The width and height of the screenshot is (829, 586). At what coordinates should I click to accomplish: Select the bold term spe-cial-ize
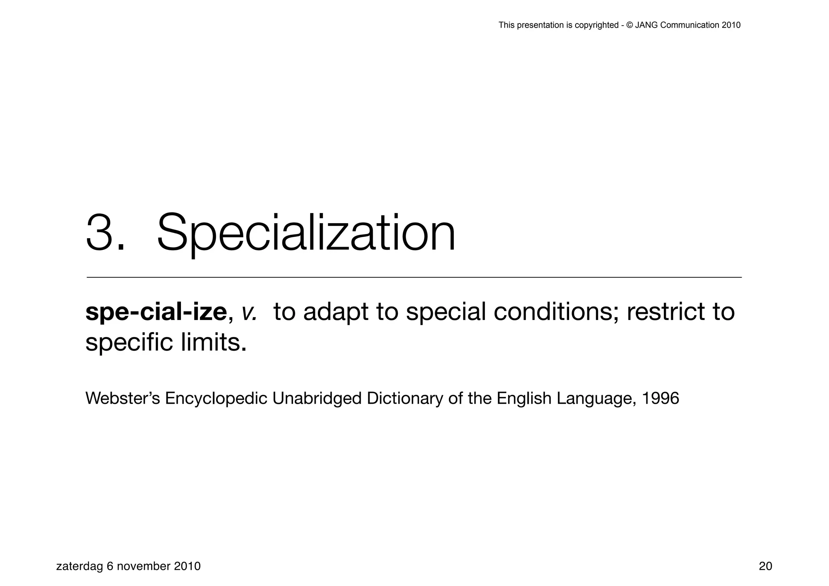156,312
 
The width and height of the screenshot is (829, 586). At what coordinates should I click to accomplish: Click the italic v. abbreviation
249,313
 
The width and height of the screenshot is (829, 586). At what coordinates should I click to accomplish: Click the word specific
129,343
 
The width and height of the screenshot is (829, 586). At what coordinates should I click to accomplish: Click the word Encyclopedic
216,398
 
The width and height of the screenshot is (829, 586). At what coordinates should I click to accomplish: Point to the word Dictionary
404,398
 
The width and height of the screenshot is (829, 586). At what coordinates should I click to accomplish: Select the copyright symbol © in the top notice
629,25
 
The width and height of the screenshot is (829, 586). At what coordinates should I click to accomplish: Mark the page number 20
765,566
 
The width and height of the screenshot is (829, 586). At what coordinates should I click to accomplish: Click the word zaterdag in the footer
79,566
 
